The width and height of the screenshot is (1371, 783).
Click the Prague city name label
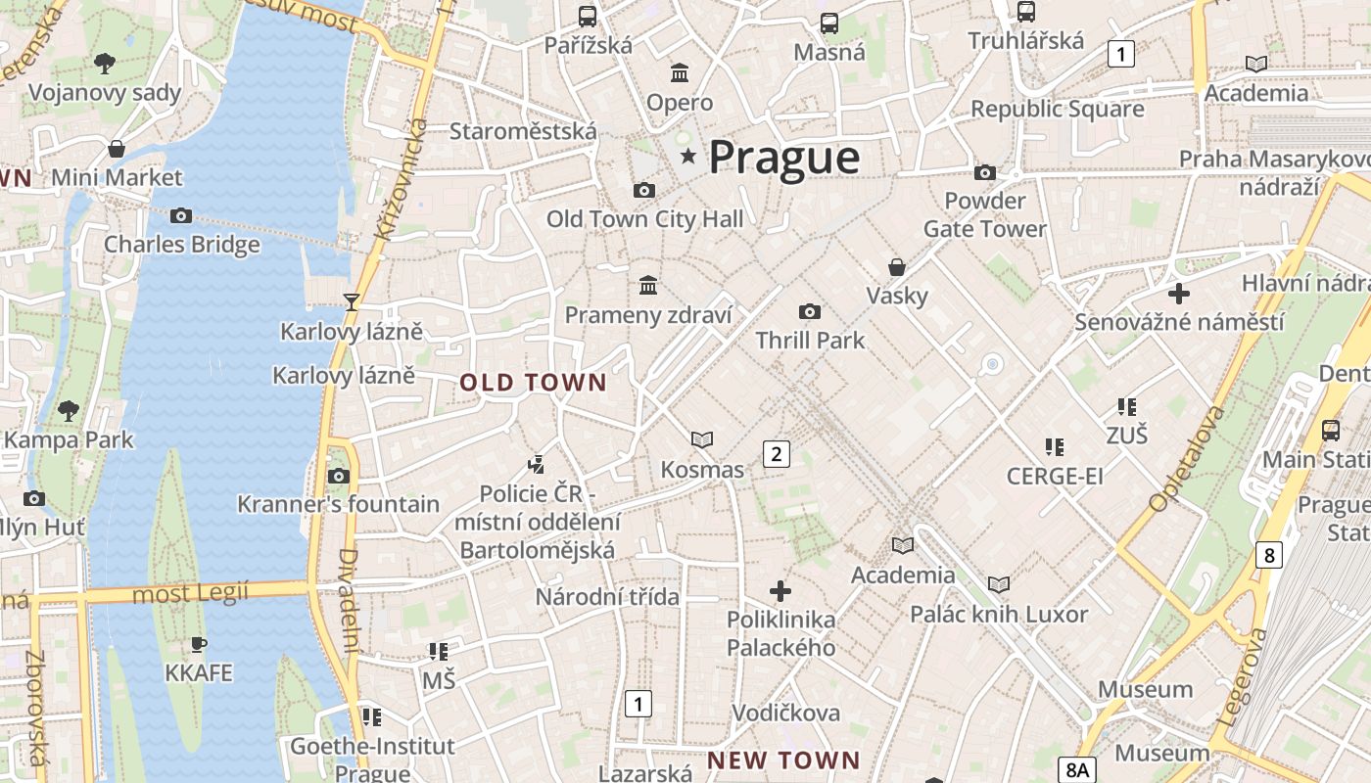783,157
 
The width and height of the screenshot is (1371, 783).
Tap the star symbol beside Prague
688,156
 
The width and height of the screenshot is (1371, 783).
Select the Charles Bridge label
182,244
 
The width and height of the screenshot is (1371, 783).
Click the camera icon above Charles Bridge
181,215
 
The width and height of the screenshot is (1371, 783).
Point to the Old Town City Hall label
644,219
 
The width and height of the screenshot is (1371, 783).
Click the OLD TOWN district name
534,383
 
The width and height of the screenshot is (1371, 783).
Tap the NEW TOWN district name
783,760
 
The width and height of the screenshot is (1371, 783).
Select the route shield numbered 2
777,453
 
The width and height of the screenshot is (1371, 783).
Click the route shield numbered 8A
1078,768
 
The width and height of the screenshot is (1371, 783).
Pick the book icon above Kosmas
702,439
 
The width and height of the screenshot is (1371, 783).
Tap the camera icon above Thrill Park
810,311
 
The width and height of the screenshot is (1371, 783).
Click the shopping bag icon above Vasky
896,267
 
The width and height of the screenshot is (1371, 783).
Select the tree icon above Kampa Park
68,410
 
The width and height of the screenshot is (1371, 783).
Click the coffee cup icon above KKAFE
199,644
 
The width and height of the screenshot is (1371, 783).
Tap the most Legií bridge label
190,593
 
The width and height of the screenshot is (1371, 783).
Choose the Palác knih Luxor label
999,615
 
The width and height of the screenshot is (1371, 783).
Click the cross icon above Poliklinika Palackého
780,591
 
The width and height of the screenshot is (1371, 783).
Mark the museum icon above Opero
680,72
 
